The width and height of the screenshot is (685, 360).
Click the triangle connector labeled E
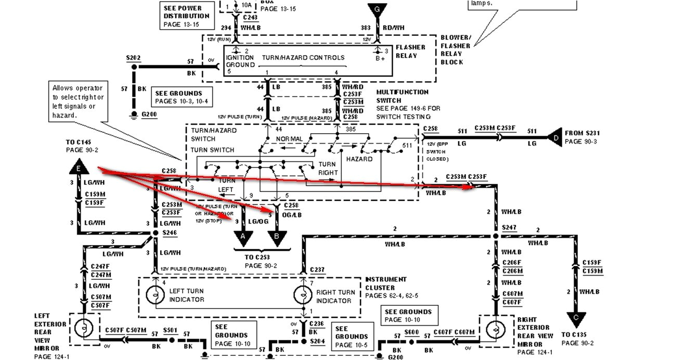(x=78, y=168)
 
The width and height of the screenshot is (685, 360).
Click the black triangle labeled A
(x=242, y=237)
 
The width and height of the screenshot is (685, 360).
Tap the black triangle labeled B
(x=276, y=237)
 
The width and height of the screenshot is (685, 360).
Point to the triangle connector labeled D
(x=554, y=138)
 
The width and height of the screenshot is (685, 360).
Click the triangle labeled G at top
(x=378, y=10)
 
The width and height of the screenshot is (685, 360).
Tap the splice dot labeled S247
(x=495, y=236)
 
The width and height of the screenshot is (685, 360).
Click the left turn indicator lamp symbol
(x=155, y=295)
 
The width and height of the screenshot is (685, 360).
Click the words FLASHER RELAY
(x=410, y=52)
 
